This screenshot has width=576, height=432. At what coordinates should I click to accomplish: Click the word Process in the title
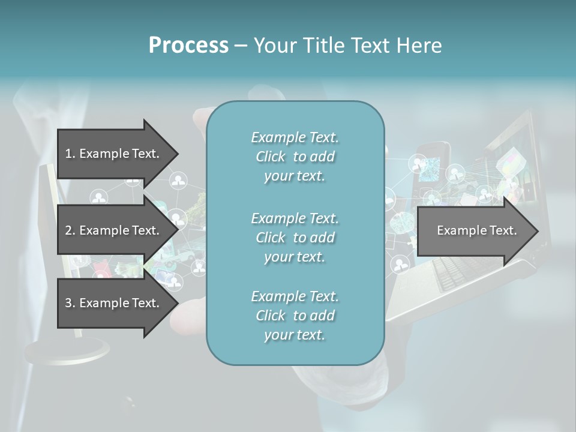pyautogui.click(x=188, y=46)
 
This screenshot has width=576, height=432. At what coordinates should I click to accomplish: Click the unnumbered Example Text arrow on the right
pyautogui.click(x=476, y=230)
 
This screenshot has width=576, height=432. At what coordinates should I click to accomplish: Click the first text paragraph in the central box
pyautogui.click(x=295, y=157)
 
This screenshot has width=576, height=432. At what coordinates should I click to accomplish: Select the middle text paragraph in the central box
pyautogui.click(x=295, y=238)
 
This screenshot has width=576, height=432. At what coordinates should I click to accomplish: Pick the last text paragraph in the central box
pyautogui.click(x=295, y=316)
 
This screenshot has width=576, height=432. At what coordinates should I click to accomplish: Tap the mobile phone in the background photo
pyautogui.click(x=434, y=160)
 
